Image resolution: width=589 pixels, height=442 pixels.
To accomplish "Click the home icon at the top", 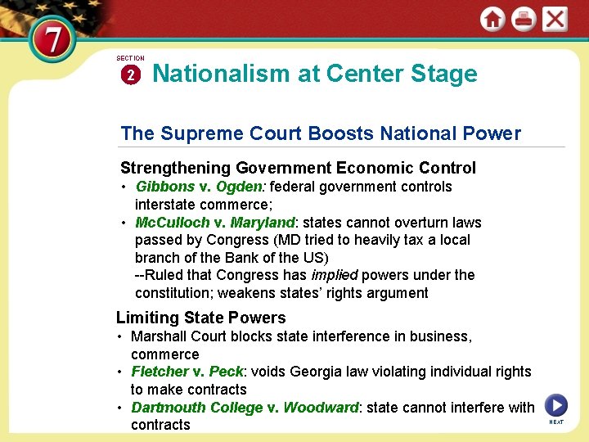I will tap(492, 20).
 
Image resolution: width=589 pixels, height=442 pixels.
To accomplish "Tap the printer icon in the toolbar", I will tap(524, 20).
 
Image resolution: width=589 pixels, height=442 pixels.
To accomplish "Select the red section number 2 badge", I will tap(131, 74).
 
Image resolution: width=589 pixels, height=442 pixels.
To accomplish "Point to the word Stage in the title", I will tap(445, 74).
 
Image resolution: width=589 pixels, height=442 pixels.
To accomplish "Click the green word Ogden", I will tap(240, 187).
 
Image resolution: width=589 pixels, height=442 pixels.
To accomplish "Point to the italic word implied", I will tap(334, 275).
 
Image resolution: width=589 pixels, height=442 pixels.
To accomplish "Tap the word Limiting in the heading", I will tap(148, 318).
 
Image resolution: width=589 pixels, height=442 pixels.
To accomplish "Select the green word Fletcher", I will tap(160, 372).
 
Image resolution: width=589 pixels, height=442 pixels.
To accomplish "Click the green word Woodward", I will tap(321, 407).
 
